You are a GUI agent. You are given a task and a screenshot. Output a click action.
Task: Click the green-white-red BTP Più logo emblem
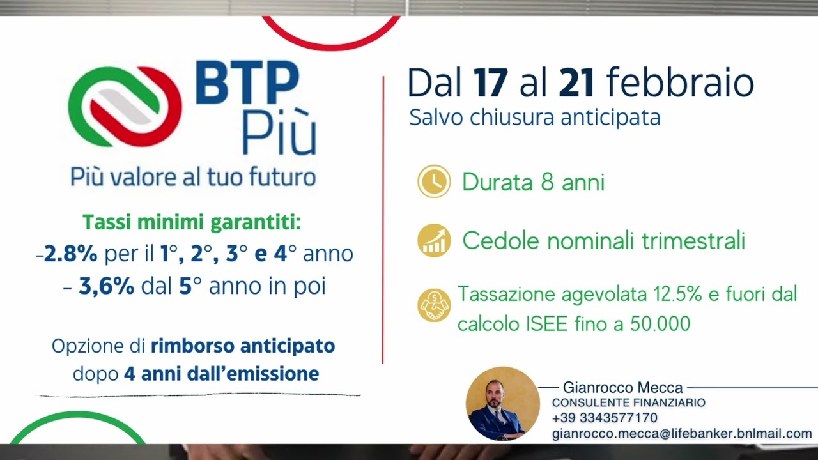coord(125,106)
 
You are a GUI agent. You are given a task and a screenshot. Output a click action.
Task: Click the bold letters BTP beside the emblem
coord(247,82)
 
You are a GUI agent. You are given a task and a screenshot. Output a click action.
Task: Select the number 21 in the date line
coord(576,82)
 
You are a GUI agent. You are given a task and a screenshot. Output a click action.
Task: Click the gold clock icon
coord(434,181)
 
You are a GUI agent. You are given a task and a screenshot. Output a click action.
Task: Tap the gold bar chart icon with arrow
coord(434,241)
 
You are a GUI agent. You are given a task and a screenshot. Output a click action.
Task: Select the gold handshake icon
coord(434,305)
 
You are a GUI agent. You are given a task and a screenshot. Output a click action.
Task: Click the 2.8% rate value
coord(70,254)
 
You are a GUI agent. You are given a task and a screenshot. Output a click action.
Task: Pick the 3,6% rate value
coord(107,286)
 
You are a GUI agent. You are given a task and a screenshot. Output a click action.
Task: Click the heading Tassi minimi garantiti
coord(192,222)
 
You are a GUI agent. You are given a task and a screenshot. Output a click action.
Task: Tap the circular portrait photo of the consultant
coord(502,404)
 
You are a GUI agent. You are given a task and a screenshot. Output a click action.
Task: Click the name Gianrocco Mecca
coord(622,387)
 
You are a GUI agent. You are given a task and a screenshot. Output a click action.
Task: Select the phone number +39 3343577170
coord(605,418)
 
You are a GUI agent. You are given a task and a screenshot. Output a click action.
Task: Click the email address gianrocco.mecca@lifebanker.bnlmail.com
coord(682,433)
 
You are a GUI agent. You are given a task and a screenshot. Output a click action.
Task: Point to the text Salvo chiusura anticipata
coord(535,117)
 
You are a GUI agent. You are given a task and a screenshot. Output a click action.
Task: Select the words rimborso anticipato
coord(243,346)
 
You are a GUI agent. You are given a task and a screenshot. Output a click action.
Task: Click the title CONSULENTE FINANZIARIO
coord(628,402)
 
